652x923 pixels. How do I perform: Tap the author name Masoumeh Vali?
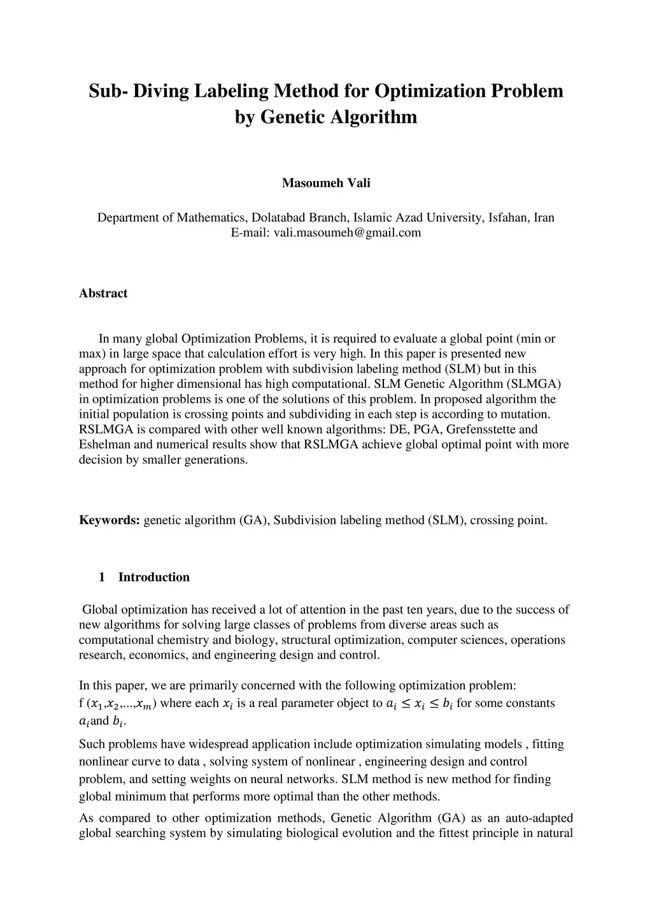pyautogui.click(x=326, y=183)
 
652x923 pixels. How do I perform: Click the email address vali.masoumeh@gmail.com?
pyautogui.click(x=347, y=233)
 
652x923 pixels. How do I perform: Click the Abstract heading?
pyautogui.click(x=103, y=293)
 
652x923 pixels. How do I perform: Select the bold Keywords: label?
pyautogui.click(x=110, y=520)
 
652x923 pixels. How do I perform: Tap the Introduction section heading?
pyautogui.click(x=154, y=577)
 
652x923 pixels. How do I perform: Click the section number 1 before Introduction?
pyautogui.click(x=102, y=577)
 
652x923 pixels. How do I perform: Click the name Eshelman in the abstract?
pyautogui.click(x=102, y=445)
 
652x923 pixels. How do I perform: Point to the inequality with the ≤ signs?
pyautogui.click(x=420, y=704)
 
